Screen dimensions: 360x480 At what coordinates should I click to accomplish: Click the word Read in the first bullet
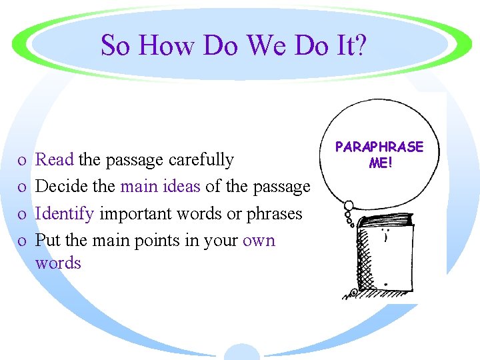(x=55, y=159)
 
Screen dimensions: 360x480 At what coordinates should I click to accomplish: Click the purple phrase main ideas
(x=160, y=187)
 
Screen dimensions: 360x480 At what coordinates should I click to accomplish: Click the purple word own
(x=259, y=240)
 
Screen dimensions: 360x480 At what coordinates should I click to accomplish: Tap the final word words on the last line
(x=58, y=263)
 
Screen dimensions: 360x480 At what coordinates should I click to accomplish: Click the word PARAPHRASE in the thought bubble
(x=379, y=147)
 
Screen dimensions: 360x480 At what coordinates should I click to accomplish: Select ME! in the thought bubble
(x=379, y=162)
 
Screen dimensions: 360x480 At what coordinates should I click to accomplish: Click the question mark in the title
(x=359, y=46)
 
